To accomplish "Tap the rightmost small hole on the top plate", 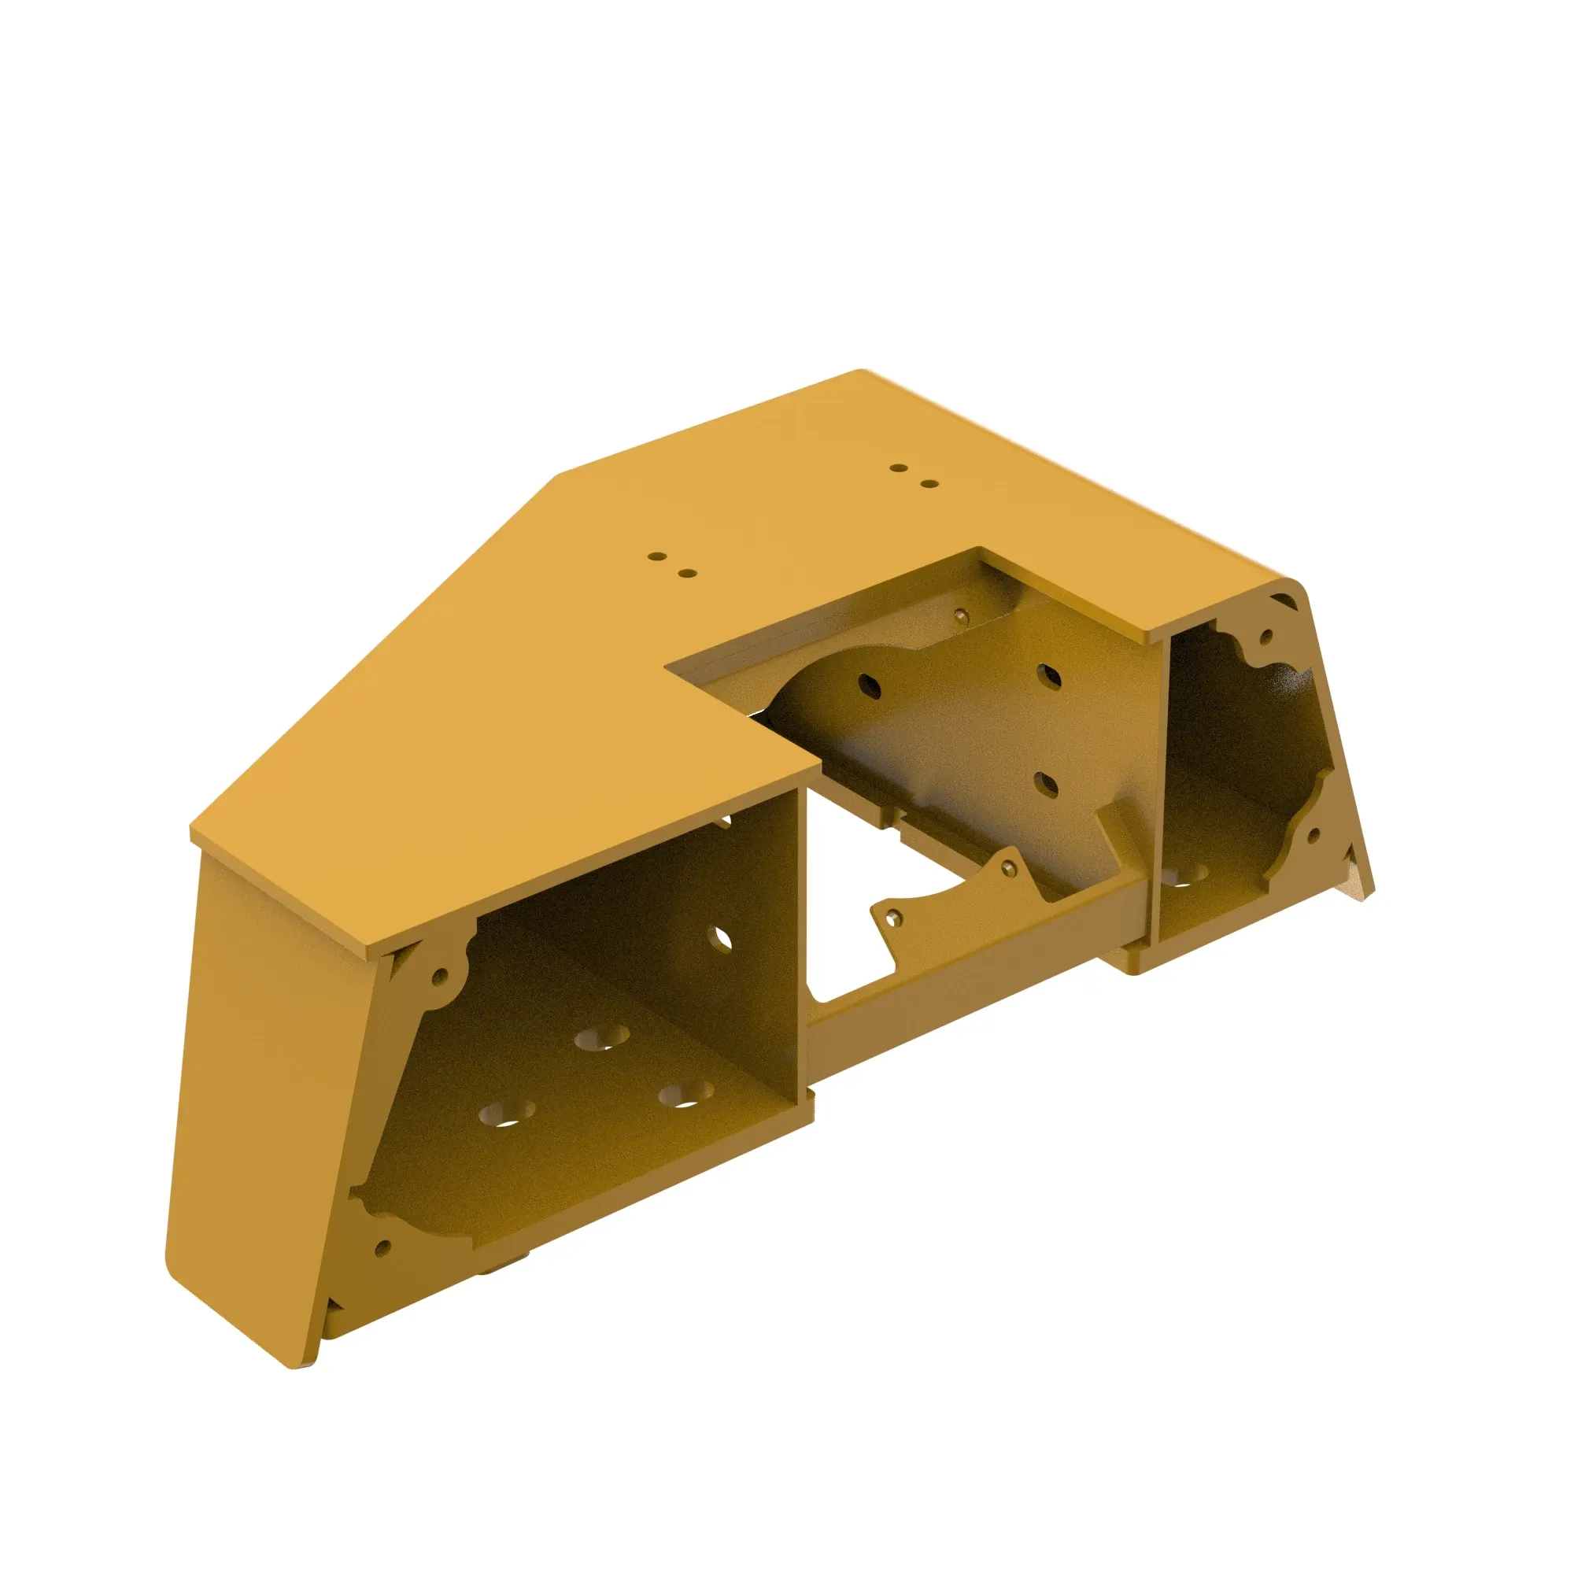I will (x=929, y=484).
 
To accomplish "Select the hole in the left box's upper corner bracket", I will (x=440, y=973).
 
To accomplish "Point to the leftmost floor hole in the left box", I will (x=505, y=1113).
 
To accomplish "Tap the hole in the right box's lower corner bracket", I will (x=1314, y=835).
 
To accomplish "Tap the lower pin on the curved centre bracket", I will (x=895, y=918).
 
